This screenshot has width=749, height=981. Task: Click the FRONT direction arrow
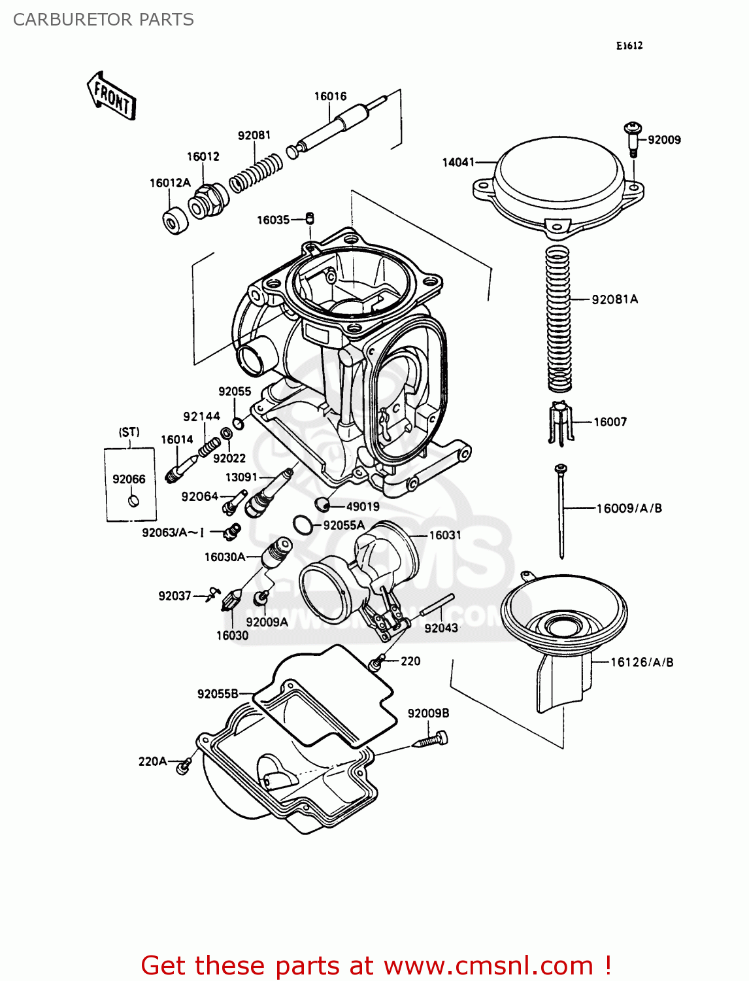[x=112, y=96]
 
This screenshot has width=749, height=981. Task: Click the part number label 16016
[x=330, y=96]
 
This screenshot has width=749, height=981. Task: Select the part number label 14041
[x=458, y=162]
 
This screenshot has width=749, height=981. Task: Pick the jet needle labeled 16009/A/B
[x=561, y=510]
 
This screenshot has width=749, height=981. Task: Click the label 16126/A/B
[x=641, y=662]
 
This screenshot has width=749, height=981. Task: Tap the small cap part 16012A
[x=175, y=220]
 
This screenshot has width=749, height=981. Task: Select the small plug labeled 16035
[x=310, y=218]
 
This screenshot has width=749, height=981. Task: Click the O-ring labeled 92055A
[x=301, y=525]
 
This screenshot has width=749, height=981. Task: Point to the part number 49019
[x=362, y=506]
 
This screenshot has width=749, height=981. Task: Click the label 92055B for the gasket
[x=218, y=693]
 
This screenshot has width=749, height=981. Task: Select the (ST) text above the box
[x=129, y=432]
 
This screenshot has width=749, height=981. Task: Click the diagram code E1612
[x=629, y=45]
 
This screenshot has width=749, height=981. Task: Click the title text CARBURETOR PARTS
[x=103, y=20]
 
